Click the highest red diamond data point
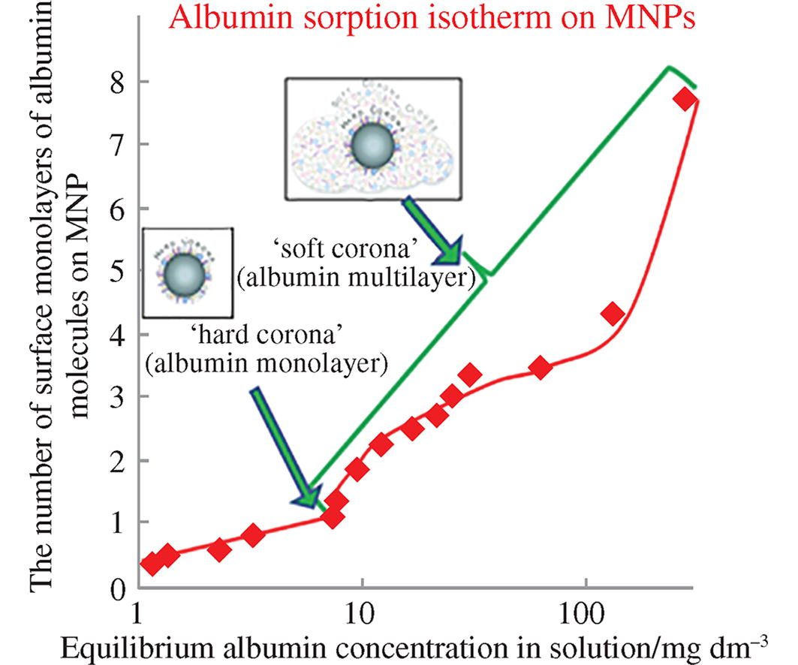tap(685, 99)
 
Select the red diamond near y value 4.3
tap(613, 313)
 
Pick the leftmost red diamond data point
tap(152, 563)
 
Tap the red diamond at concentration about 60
tap(541, 368)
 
